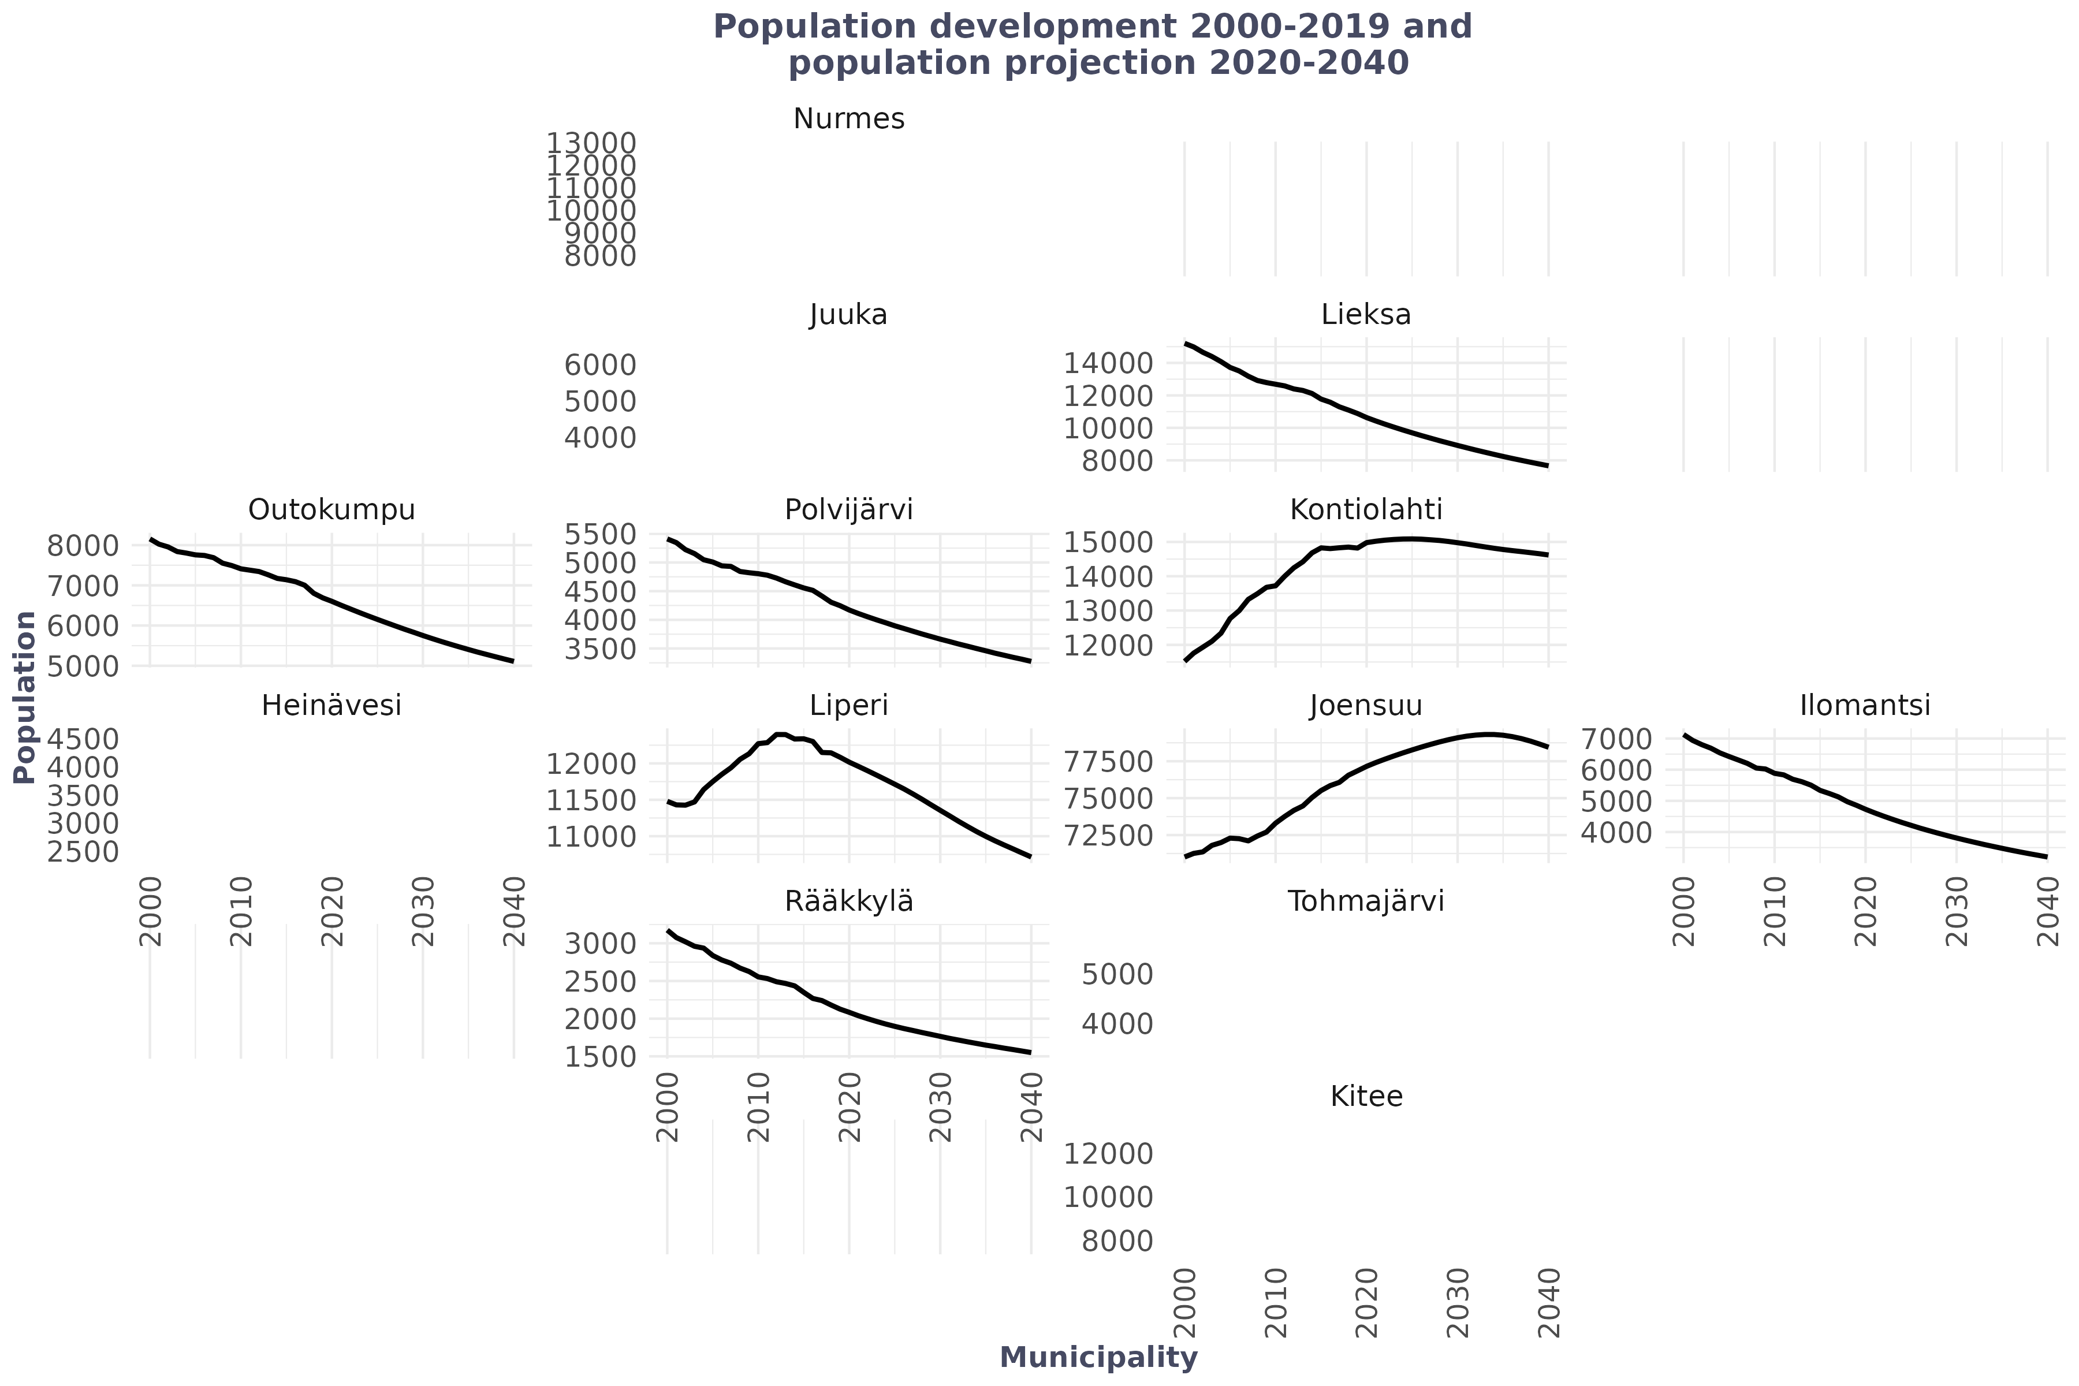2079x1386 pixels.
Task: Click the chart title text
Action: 1093,44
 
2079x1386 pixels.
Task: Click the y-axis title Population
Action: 25,696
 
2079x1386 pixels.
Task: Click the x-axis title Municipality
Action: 1099,1357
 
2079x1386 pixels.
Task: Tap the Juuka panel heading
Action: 848,315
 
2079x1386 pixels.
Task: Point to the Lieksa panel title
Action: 1366,315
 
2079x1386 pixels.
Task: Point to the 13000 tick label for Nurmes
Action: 590,143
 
